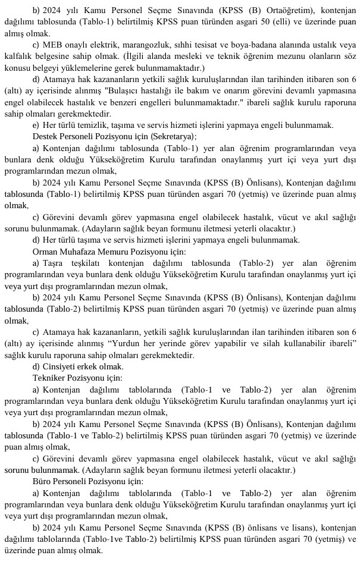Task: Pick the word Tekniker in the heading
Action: [49, 377]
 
